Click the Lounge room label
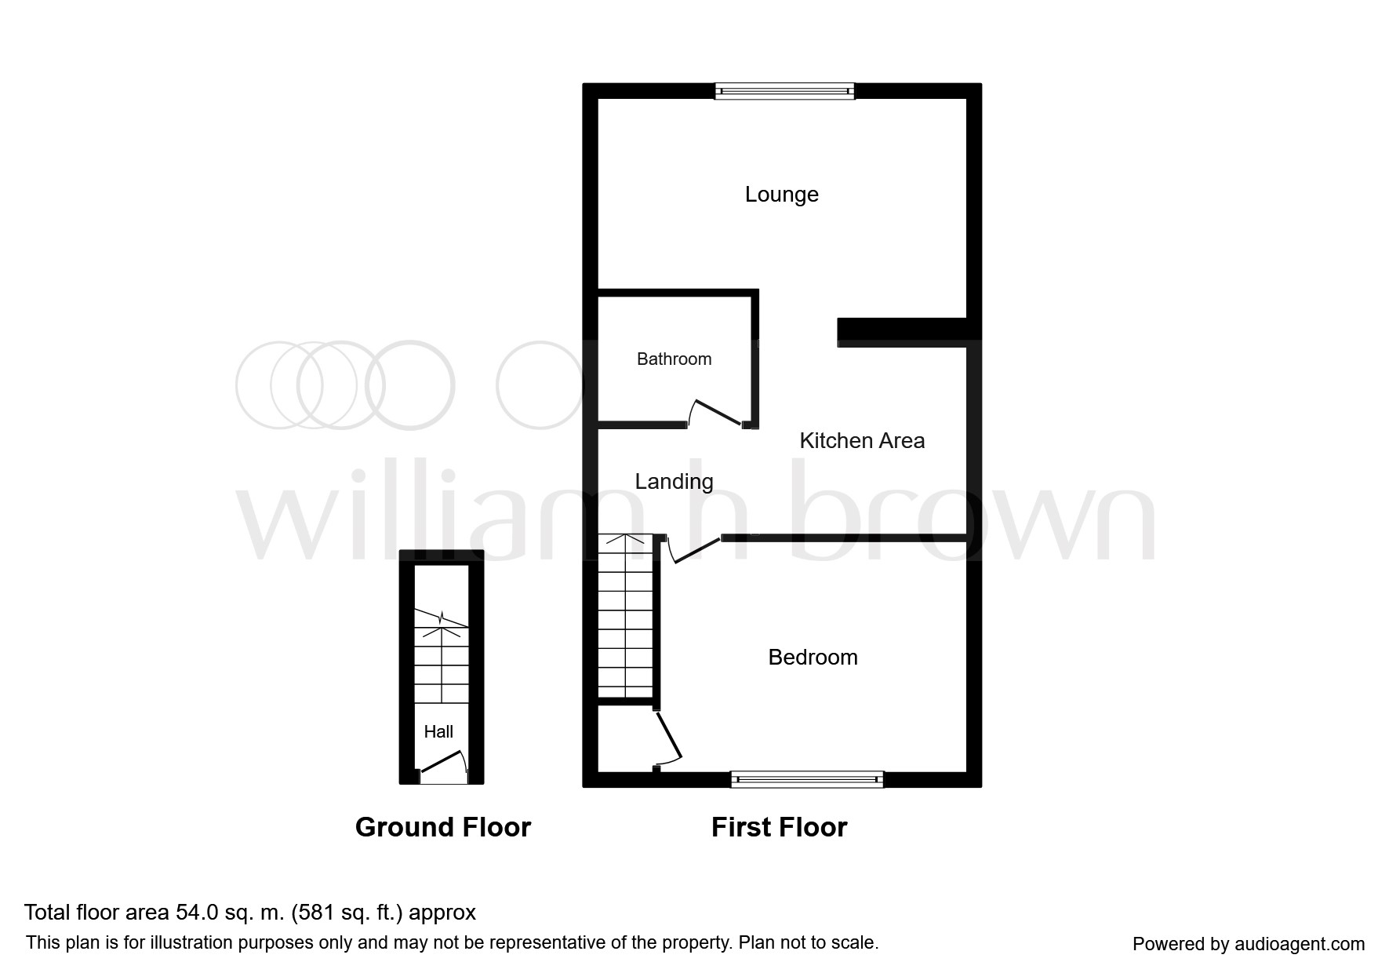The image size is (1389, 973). [781, 195]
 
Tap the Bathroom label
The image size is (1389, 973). [674, 359]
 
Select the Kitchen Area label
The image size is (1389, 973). [862, 441]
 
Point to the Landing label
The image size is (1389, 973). [674, 482]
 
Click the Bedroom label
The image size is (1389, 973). [813, 657]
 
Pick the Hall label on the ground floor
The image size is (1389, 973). [438, 732]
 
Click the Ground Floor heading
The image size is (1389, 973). [443, 827]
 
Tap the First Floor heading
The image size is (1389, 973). [779, 827]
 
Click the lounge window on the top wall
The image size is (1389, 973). [784, 91]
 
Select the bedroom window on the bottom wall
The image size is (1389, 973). [807, 779]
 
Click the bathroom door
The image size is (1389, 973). [715, 414]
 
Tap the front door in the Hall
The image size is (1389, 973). [442, 763]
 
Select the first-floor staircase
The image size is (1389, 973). [625, 616]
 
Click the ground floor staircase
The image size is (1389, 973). [442, 656]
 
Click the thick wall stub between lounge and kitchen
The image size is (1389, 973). [902, 331]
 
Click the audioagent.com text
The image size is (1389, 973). [1300, 945]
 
